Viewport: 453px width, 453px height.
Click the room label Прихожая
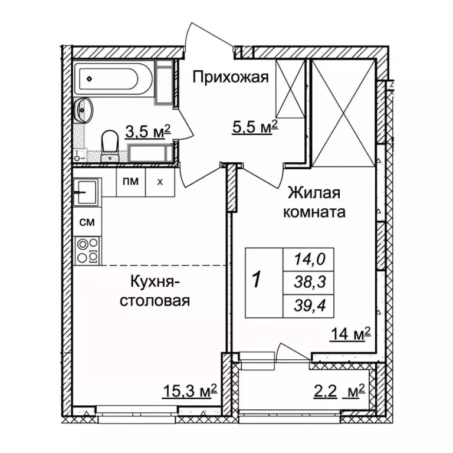231,77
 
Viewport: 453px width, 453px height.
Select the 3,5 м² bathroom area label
147,130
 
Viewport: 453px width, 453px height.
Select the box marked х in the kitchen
160,182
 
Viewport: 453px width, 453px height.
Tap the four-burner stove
87,250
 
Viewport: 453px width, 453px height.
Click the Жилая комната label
316,202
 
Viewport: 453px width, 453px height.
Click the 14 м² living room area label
350,335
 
